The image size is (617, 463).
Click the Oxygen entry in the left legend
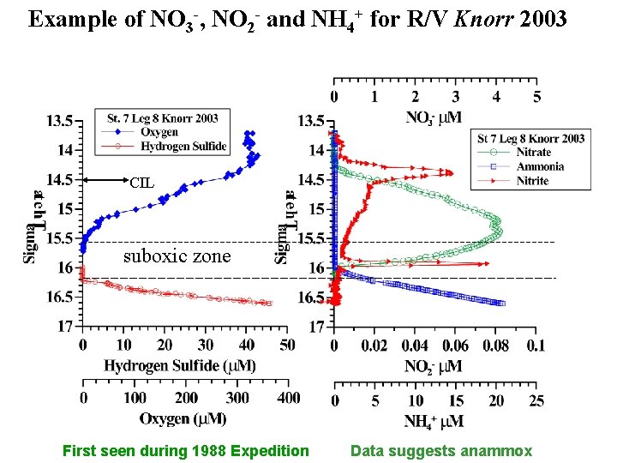pyautogui.click(x=159, y=132)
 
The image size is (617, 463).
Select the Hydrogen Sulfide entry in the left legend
pyautogui.click(x=183, y=147)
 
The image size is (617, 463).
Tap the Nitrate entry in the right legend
pyautogui.click(x=534, y=153)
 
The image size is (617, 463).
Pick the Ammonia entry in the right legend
pyautogui.click(x=540, y=167)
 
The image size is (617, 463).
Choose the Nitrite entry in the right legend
pyautogui.click(x=532, y=181)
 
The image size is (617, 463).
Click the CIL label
pyautogui.click(x=142, y=181)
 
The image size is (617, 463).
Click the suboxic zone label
pyautogui.click(x=177, y=256)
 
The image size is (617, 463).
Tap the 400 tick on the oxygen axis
pyautogui.click(x=289, y=399)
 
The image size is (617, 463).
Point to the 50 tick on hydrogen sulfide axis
pyautogui.click(x=287, y=346)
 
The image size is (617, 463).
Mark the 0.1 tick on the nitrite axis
pyautogui.click(x=536, y=346)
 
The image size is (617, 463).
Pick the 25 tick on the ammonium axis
pyautogui.click(x=536, y=401)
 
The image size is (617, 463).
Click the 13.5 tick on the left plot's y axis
pyautogui.click(x=58, y=120)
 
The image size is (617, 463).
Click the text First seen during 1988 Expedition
pyautogui.click(x=185, y=451)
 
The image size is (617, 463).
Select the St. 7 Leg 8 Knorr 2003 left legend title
pyautogui.click(x=163, y=118)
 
